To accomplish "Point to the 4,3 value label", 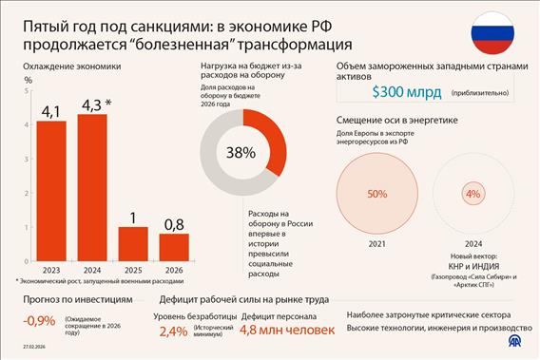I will click(x=93, y=103).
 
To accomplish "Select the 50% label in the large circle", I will click(x=377, y=193).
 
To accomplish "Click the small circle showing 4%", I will click(x=472, y=193).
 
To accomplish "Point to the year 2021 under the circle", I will click(x=377, y=243).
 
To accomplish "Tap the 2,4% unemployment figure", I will click(x=173, y=332).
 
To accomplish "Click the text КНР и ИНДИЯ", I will click(x=472, y=267).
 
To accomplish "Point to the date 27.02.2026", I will click(x=25, y=349).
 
